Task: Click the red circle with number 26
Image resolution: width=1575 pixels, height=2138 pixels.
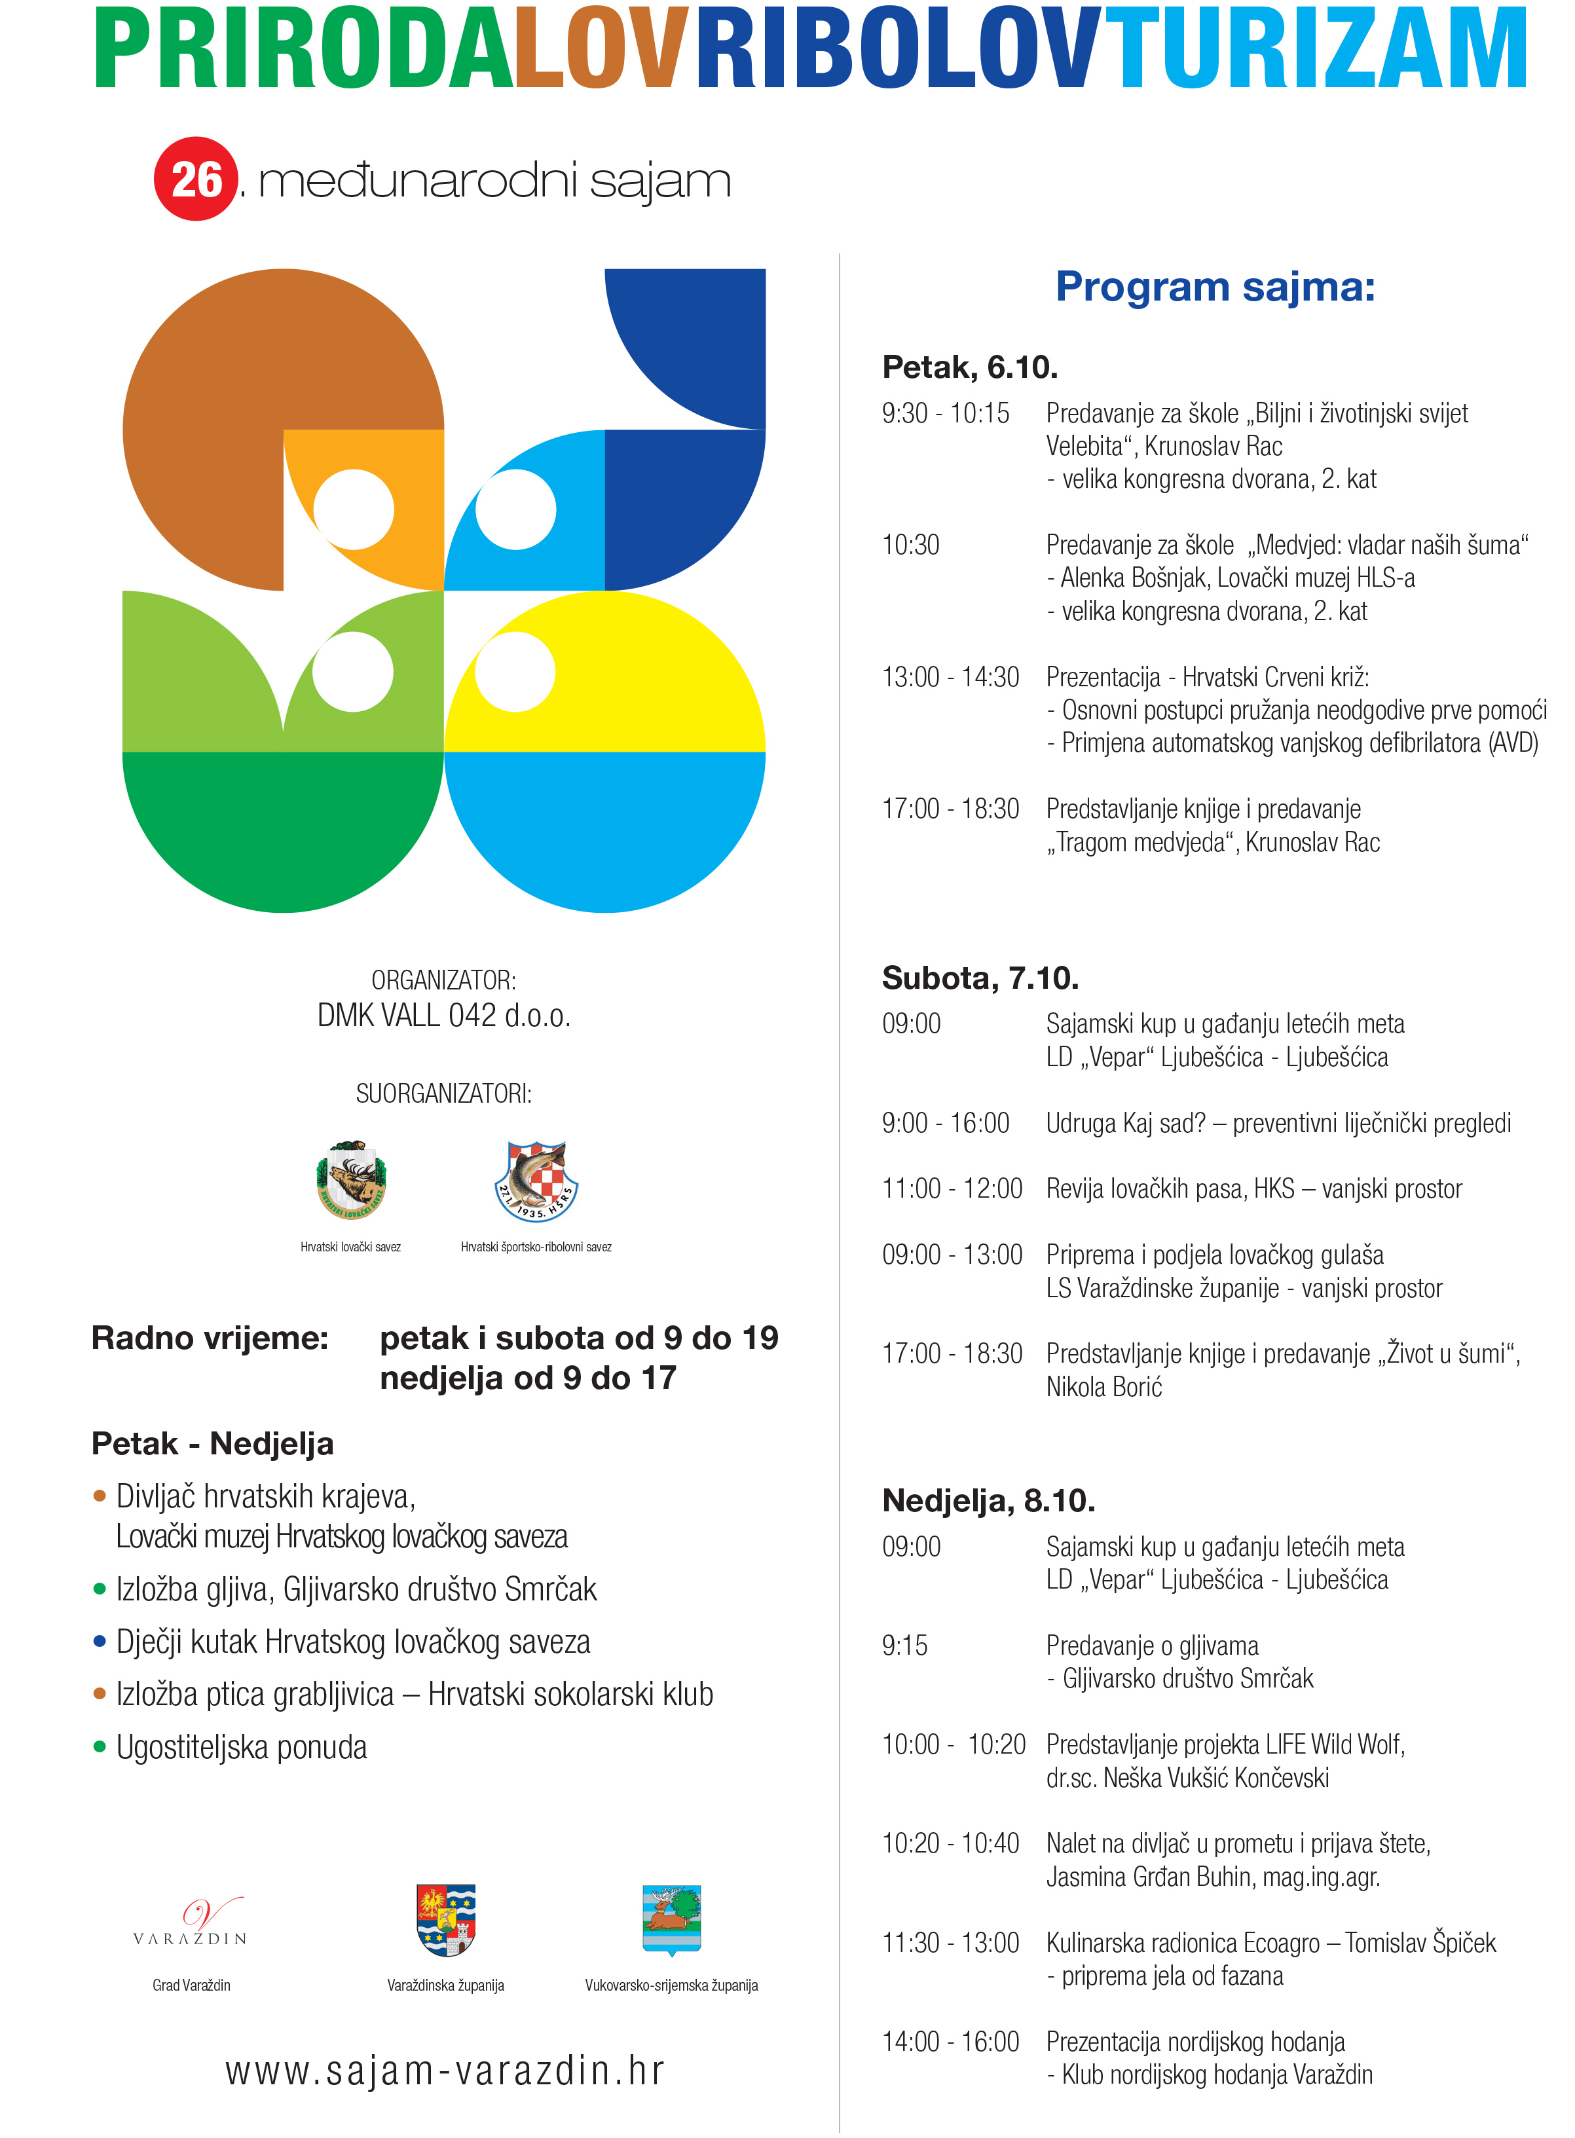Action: coord(195,179)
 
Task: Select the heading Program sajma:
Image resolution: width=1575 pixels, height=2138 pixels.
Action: coord(1215,286)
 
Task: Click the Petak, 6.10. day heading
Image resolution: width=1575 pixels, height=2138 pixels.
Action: coord(970,367)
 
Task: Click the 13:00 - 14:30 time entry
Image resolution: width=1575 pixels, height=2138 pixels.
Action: coord(950,678)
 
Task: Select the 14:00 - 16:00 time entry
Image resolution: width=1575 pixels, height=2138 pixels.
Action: coord(950,2042)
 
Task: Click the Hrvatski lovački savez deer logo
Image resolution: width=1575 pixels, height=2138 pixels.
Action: coord(351,1180)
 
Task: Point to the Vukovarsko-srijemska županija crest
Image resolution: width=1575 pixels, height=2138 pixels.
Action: coord(671,1919)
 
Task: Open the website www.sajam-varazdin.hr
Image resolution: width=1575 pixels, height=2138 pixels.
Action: coord(444,2071)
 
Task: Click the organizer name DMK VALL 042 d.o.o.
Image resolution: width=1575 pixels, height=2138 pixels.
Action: coord(444,1016)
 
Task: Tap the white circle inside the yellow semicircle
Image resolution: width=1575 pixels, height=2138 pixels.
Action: coord(515,672)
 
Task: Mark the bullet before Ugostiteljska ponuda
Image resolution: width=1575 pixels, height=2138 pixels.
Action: coord(99,1747)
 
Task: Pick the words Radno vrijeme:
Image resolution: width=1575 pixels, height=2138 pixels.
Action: coord(210,1338)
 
